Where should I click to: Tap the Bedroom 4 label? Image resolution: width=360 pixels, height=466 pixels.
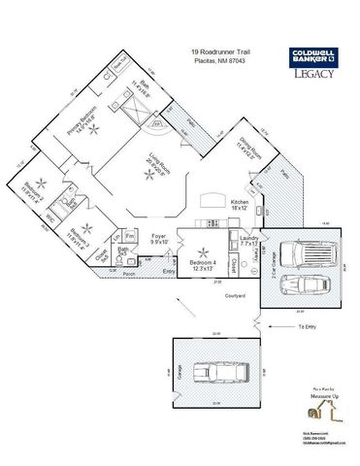[x=201, y=266]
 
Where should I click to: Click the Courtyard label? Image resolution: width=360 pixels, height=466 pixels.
[x=234, y=295]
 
